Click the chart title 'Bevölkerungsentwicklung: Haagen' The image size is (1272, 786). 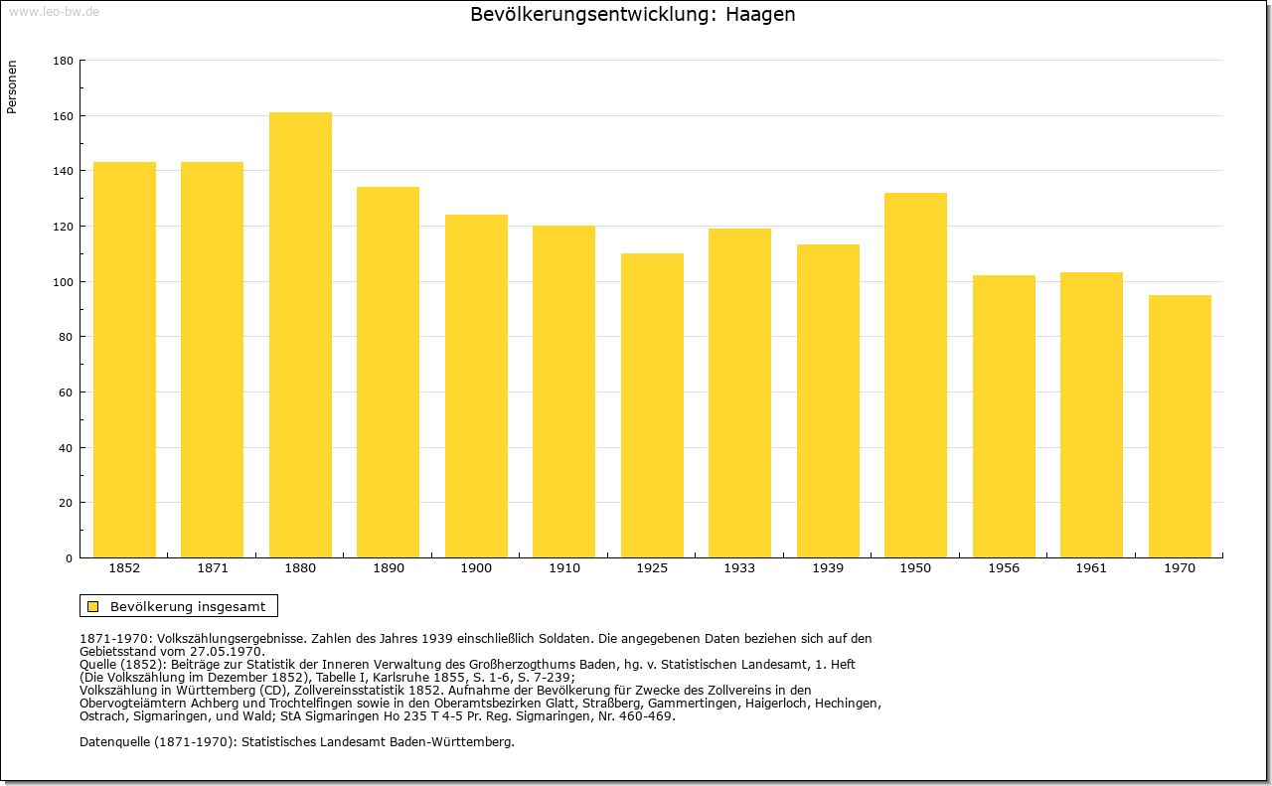(x=633, y=15)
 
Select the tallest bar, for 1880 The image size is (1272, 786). (x=300, y=335)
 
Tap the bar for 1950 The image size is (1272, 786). (x=915, y=376)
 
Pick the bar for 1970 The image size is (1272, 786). (x=1180, y=426)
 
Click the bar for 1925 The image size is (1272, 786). (x=652, y=405)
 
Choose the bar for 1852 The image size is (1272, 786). (x=124, y=360)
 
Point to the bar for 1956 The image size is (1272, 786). (x=1004, y=416)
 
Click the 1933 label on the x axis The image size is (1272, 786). (x=739, y=568)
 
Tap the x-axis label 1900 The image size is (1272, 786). (x=476, y=568)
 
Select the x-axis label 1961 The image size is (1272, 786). (x=1091, y=568)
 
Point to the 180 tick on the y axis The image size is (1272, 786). (x=63, y=61)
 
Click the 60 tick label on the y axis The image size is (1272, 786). (x=66, y=393)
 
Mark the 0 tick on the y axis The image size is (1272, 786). (x=70, y=558)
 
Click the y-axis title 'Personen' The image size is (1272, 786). (x=12, y=86)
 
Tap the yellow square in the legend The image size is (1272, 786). (x=93, y=606)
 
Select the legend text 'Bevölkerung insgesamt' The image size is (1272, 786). (x=188, y=606)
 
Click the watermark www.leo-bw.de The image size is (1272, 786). (x=54, y=11)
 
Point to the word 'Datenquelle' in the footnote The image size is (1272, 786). (x=115, y=742)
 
